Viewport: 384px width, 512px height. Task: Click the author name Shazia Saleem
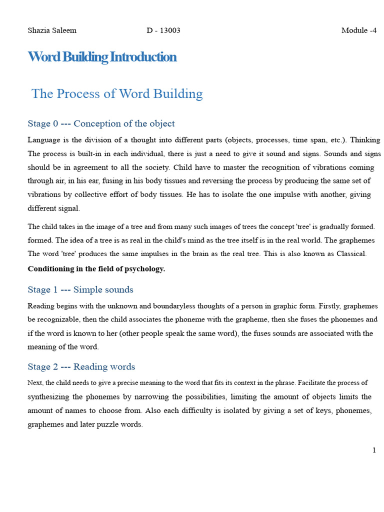pyautogui.click(x=52, y=30)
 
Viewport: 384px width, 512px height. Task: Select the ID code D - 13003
pyautogui.click(x=163, y=30)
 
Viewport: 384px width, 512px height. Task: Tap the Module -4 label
pyautogui.click(x=358, y=30)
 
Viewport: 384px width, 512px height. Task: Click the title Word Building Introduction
pyautogui.click(x=102, y=57)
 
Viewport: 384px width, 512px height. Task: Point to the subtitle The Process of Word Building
pyautogui.click(x=117, y=94)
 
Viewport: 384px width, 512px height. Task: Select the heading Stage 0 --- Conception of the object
pyautogui.click(x=101, y=123)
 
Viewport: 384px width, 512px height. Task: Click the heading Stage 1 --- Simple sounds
pyautogui.click(x=80, y=289)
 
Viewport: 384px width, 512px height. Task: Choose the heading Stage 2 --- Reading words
pyautogui.click(x=81, y=366)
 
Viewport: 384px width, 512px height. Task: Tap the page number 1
pyautogui.click(x=374, y=450)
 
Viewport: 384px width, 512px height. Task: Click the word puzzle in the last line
pyautogui.click(x=115, y=425)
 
